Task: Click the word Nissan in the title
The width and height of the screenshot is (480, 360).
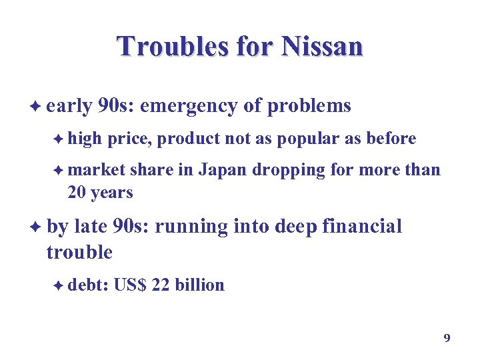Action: tap(323, 47)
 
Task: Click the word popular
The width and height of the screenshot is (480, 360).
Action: tap(306, 139)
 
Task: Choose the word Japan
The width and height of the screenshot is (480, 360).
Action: tap(223, 170)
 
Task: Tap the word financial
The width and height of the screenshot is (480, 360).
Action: tap(362, 227)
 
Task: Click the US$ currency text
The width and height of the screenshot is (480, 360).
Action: tap(130, 285)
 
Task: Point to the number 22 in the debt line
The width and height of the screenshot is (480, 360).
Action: tap(161, 285)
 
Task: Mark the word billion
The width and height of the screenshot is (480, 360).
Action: tap(199, 285)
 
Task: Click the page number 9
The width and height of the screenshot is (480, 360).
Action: tap(447, 338)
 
